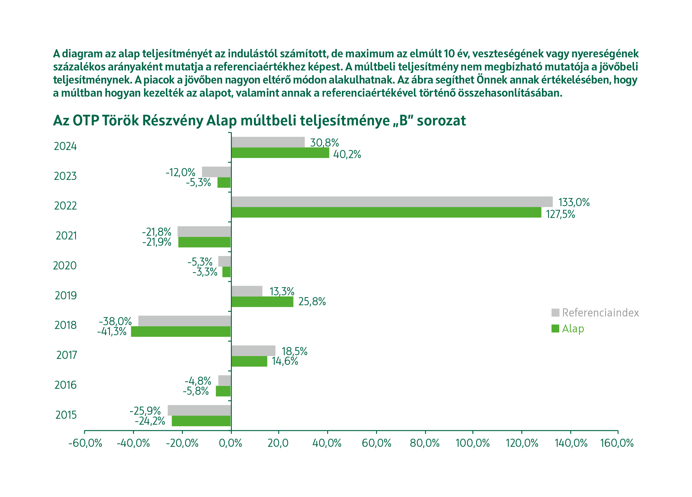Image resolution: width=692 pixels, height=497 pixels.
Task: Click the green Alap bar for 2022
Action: pyautogui.click(x=386, y=212)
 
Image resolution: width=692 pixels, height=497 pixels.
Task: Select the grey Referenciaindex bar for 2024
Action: pyautogui.click(x=268, y=142)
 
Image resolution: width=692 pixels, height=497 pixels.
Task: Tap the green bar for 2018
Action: pyautogui.click(x=181, y=331)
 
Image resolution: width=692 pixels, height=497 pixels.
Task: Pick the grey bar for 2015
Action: pyautogui.click(x=199, y=410)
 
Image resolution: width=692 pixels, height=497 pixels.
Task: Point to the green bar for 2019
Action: pyautogui.click(x=262, y=302)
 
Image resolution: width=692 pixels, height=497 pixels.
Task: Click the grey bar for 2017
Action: pyautogui.click(x=253, y=351)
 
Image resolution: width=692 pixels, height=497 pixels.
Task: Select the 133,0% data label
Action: pyautogui.click(x=574, y=202)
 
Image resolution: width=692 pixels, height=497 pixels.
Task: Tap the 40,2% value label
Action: pyautogui.click(x=347, y=154)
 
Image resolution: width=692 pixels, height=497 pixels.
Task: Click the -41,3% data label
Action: pyautogui.click(x=112, y=331)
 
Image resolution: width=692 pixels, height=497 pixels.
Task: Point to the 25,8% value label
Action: pyautogui.click(x=312, y=302)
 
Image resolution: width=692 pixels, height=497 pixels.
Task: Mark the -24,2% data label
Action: pyautogui.click(x=150, y=421)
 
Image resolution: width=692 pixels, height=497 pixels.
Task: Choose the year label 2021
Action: pyautogui.click(x=66, y=236)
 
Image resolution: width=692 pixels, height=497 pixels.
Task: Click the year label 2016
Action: pyautogui.click(x=65, y=385)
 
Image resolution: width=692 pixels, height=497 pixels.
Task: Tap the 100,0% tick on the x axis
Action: pyautogui.click(x=473, y=443)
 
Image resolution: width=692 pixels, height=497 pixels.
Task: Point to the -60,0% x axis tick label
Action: pyautogui.click(x=85, y=443)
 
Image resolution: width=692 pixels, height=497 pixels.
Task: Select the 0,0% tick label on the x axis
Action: pyautogui.click(x=231, y=443)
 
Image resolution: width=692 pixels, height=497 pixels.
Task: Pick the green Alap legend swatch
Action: pyautogui.click(x=555, y=329)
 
